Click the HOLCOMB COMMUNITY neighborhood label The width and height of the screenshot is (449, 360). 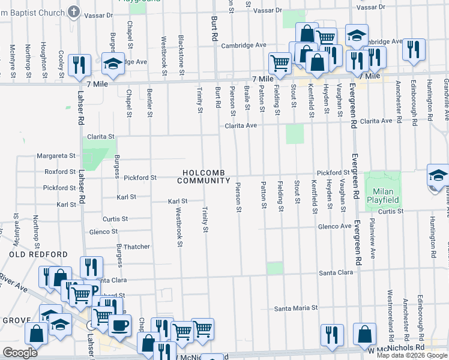pyautogui.click(x=204, y=176)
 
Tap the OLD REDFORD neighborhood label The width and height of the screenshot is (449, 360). pyautogui.click(x=38, y=254)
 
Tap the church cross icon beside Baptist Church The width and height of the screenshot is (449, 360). pyautogui.click(x=73, y=11)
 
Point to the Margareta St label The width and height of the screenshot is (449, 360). pyautogui.click(x=56, y=155)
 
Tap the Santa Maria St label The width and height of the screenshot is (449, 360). pyautogui.click(x=295, y=308)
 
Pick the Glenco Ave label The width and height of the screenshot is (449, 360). pyautogui.click(x=334, y=226)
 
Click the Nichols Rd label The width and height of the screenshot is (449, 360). pyautogui.click(x=406, y=347)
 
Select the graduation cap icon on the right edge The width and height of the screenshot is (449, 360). pyautogui.click(x=438, y=176)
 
